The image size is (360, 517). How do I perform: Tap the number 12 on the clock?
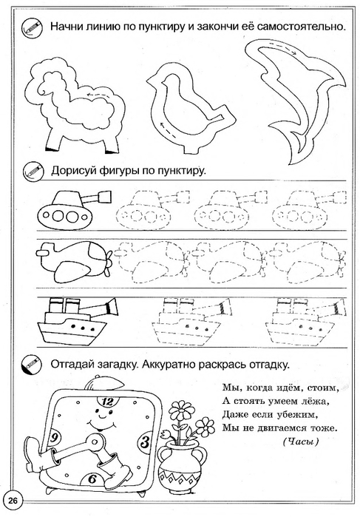click(x=107, y=402)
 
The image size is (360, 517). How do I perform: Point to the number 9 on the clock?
click(x=53, y=439)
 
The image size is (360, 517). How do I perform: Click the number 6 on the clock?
click(x=92, y=479)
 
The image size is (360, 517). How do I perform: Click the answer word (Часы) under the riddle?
click(x=300, y=442)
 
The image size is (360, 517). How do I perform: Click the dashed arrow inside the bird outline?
click(x=167, y=128)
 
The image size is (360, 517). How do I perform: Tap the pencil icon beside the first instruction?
click(x=32, y=27)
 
